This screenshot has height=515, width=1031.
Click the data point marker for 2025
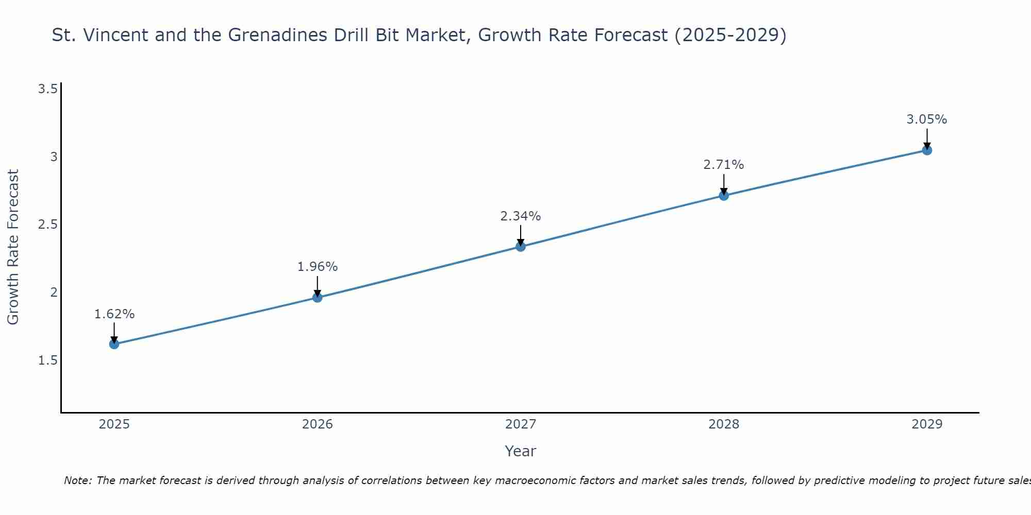coord(114,344)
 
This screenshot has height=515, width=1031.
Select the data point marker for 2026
coord(317,298)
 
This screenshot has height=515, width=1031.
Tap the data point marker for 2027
coord(520,247)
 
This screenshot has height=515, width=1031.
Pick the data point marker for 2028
coord(724,196)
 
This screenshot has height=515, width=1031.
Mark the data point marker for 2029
coord(927,150)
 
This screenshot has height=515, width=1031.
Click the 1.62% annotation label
coord(114,314)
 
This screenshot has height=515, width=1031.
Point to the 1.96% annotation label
coord(317,267)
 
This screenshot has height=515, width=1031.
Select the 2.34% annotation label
coord(520,216)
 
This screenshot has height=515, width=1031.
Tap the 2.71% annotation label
coord(724,165)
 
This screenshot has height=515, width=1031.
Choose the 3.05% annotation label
coord(927,119)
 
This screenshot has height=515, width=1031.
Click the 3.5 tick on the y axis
coord(47,89)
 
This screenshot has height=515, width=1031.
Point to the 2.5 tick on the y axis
coord(47,225)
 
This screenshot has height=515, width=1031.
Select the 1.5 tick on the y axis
coord(47,360)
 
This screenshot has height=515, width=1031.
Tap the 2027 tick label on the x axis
coord(520,424)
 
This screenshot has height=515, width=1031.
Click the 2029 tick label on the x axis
coord(927,424)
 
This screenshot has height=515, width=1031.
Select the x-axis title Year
coord(520,451)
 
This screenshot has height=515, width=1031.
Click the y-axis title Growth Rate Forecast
coord(13,247)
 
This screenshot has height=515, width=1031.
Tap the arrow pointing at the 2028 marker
coord(724,184)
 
